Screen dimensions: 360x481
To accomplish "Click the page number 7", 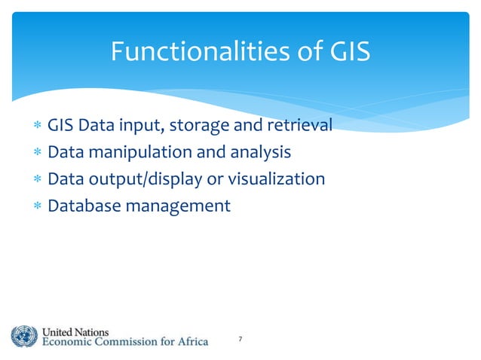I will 240,341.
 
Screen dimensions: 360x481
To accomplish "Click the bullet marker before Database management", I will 35,206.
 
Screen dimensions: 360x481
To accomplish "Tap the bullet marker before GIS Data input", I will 35,127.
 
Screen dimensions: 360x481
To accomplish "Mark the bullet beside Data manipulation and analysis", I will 35,154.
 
